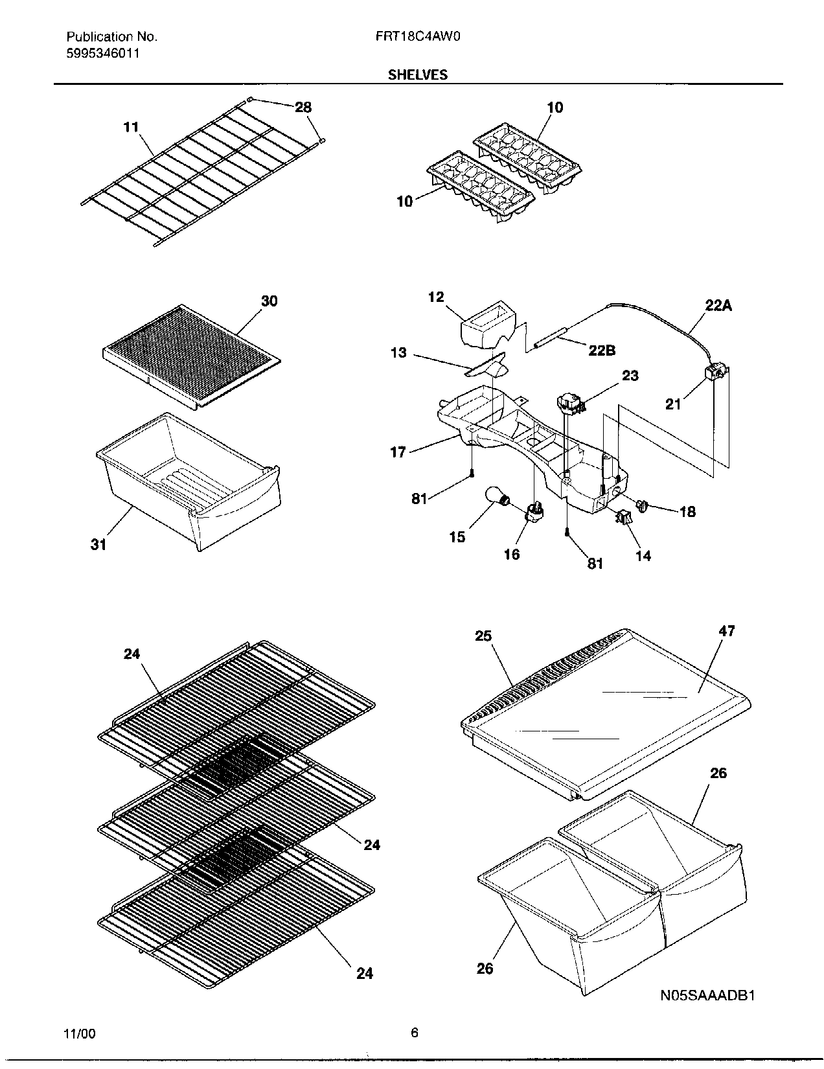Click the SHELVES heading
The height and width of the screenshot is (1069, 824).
click(x=417, y=75)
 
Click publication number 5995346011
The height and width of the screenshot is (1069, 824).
click(x=102, y=53)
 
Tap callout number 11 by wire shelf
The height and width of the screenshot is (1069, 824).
click(x=132, y=127)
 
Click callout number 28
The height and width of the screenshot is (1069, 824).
click(x=303, y=108)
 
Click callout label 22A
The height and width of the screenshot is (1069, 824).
click(x=718, y=305)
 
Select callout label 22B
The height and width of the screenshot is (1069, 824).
click(x=602, y=350)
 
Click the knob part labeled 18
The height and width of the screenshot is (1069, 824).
click(x=643, y=506)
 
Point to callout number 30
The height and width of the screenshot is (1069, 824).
click(x=269, y=301)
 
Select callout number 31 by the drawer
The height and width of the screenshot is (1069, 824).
click(x=98, y=545)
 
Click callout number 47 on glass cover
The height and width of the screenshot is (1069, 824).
click(x=727, y=630)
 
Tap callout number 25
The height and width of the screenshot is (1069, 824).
click(x=483, y=636)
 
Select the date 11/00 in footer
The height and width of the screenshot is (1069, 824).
click(x=80, y=1034)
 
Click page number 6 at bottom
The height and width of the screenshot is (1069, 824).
click(x=414, y=1033)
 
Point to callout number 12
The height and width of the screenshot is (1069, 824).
click(x=436, y=297)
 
